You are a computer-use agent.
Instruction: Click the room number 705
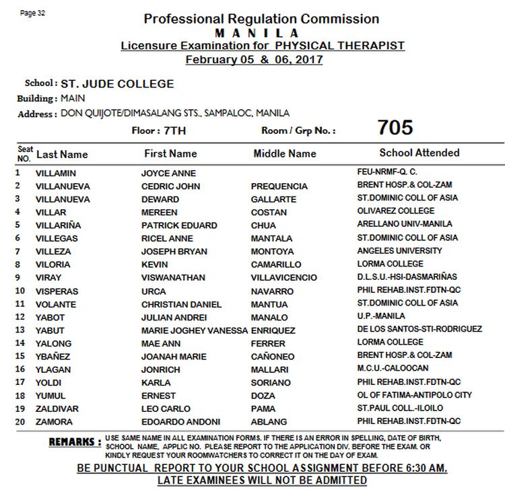(395, 128)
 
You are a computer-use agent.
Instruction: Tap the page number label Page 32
(32, 13)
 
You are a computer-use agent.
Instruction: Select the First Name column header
(170, 153)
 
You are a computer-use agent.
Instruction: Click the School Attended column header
(419, 153)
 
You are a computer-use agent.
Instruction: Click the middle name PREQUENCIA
(279, 186)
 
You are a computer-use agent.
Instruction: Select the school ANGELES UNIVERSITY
(399, 250)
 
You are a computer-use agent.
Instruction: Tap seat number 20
(20, 421)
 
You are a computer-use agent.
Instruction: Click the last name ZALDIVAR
(57, 409)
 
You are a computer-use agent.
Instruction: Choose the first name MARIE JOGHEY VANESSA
(194, 330)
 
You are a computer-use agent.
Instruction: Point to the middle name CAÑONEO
(273, 357)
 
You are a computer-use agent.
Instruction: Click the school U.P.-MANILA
(381, 316)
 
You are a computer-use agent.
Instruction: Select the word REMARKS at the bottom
(75, 442)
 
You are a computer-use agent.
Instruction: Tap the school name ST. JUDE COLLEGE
(117, 84)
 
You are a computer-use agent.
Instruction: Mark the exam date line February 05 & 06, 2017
(254, 59)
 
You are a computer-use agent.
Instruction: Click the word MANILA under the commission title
(257, 33)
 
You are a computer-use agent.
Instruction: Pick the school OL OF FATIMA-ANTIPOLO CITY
(415, 395)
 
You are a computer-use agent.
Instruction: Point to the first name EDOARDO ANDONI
(180, 422)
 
